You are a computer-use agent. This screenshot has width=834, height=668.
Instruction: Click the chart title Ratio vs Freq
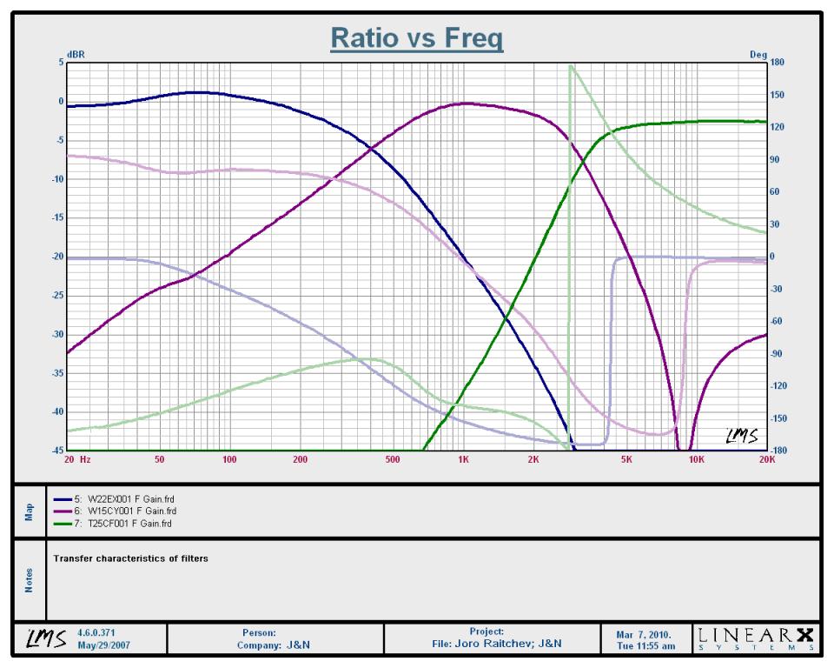[416, 38]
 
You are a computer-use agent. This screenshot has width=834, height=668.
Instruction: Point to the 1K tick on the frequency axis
[463, 459]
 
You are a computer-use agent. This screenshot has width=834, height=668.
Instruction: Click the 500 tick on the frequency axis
[392, 459]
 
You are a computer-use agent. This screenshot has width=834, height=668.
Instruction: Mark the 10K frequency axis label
[696, 459]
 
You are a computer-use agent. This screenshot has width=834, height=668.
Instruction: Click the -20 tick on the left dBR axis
[57, 257]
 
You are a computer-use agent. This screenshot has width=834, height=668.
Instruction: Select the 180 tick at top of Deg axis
[777, 63]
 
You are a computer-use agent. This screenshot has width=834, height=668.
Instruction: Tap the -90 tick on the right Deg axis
[776, 354]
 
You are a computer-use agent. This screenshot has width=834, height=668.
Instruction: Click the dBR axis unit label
[76, 54]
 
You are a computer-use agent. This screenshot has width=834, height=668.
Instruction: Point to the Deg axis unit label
[758, 54]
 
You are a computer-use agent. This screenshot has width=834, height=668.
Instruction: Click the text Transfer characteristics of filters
[131, 558]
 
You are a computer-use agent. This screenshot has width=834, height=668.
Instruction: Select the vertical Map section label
[30, 511]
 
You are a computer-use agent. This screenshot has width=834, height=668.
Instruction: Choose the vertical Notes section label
[30, 580]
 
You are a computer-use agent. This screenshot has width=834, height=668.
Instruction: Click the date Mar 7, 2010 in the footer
[644, 634]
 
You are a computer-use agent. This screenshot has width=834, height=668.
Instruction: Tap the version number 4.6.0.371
[96, 633]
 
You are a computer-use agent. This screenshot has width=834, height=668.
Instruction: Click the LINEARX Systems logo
[756, 638]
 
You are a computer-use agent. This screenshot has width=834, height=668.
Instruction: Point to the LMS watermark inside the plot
[742, 436]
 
